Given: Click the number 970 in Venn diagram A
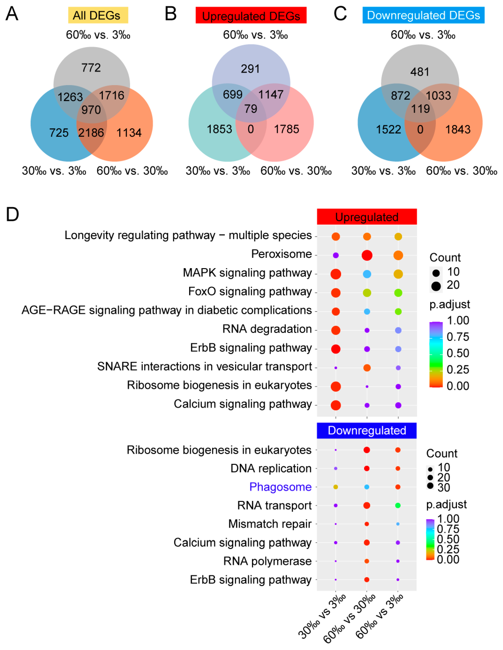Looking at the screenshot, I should point(91,110).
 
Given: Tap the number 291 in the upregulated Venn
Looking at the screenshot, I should point(250,69).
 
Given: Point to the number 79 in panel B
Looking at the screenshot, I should point(251,109).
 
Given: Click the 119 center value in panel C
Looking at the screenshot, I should point(420,109).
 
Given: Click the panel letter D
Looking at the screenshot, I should point(12,214).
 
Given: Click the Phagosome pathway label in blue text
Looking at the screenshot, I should point(280,487).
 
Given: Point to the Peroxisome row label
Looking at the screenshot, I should point(281,254).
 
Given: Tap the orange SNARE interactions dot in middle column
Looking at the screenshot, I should point(367,368).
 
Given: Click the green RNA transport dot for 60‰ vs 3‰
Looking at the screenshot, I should point(398,505).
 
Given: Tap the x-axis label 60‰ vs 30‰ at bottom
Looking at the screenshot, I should point(349,619).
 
